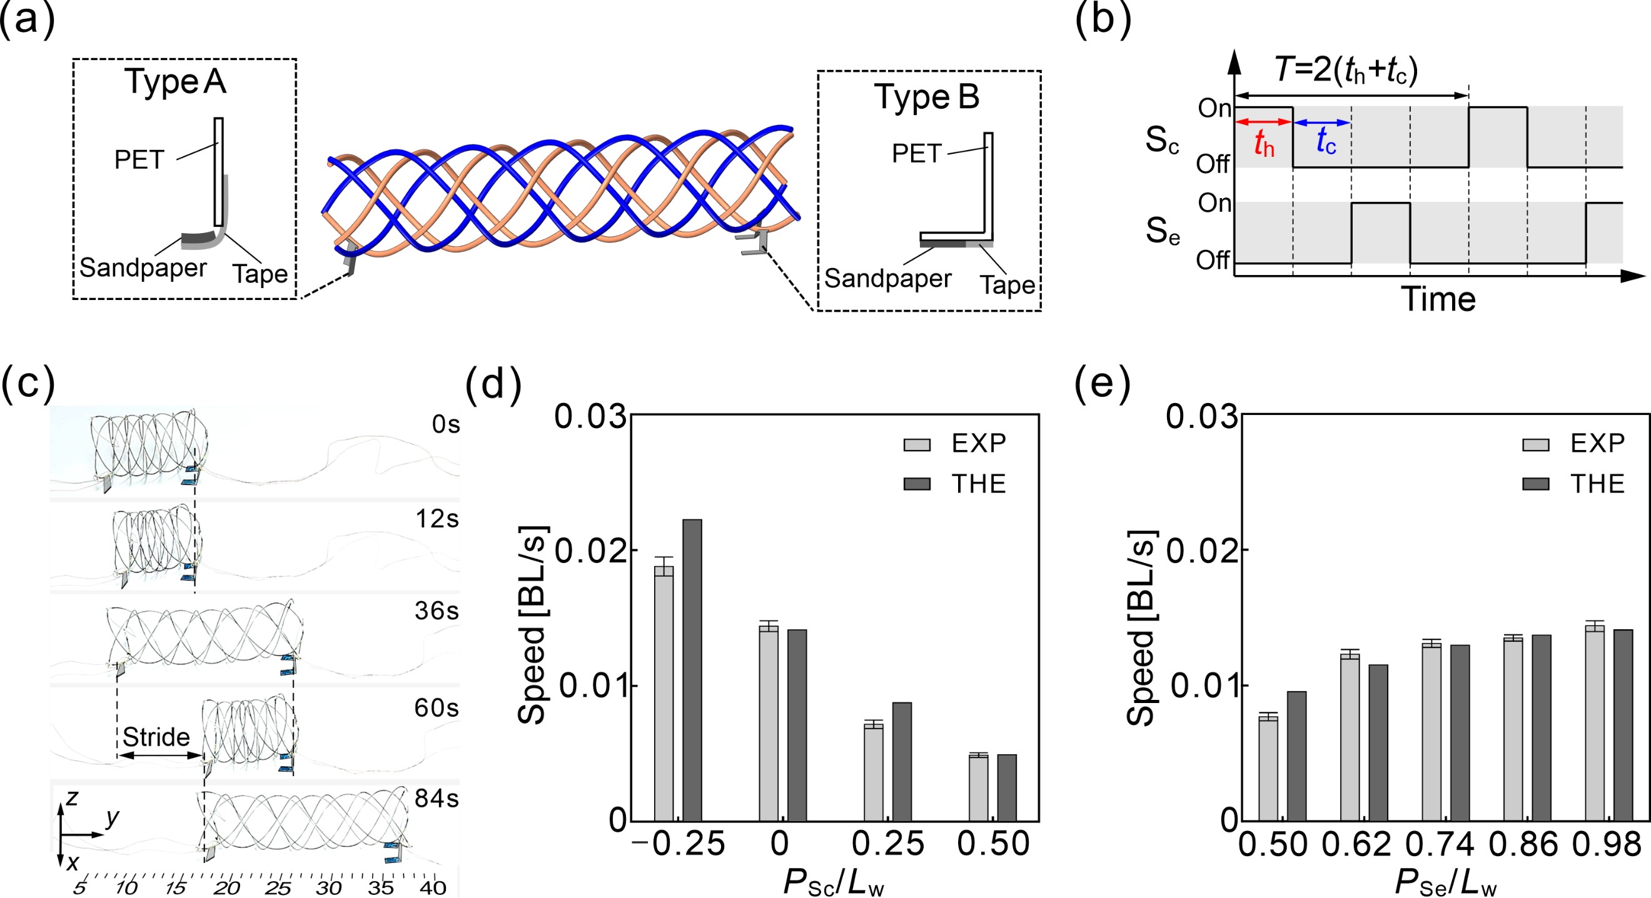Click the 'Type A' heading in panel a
[x=175, y=82]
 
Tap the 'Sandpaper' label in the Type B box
[x=887, y=279]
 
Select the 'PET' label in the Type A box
[x=139, y=159]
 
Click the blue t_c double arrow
[x=1322, y=122]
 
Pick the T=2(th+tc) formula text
[x=1346, y=69]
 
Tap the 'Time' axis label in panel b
[x=1438, y=299]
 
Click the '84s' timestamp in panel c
[x=437, y=798]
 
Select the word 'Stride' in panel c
[x=156, y=737]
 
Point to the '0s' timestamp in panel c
[x=445, y=424]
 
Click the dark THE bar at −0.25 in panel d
[x=692, y=670]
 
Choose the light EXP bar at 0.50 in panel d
[x=978, y=788]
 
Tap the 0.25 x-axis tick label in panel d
[x=887, y=844]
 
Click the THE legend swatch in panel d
[x=917, y=484]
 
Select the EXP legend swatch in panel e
[x=1536, y=444]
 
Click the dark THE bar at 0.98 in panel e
[x=1623, y=725]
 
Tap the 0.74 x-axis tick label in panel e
[x=1440, y=844]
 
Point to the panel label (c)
[x=28, y=384]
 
